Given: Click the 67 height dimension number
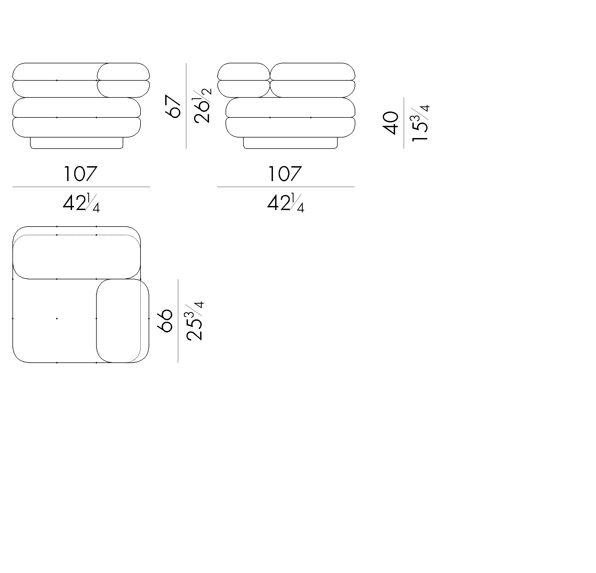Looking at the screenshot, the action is tap(173, 106).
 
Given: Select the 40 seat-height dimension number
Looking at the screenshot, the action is tap(391, 123).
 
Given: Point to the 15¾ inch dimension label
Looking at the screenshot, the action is tap(420, 123).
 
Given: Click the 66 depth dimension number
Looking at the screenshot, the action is tap(165, 321).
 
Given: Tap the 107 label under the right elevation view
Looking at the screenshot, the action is tap(285, 173).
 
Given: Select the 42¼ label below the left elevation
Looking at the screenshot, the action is tap(81, 203).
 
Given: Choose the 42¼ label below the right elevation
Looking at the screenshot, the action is tap(285, 203).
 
